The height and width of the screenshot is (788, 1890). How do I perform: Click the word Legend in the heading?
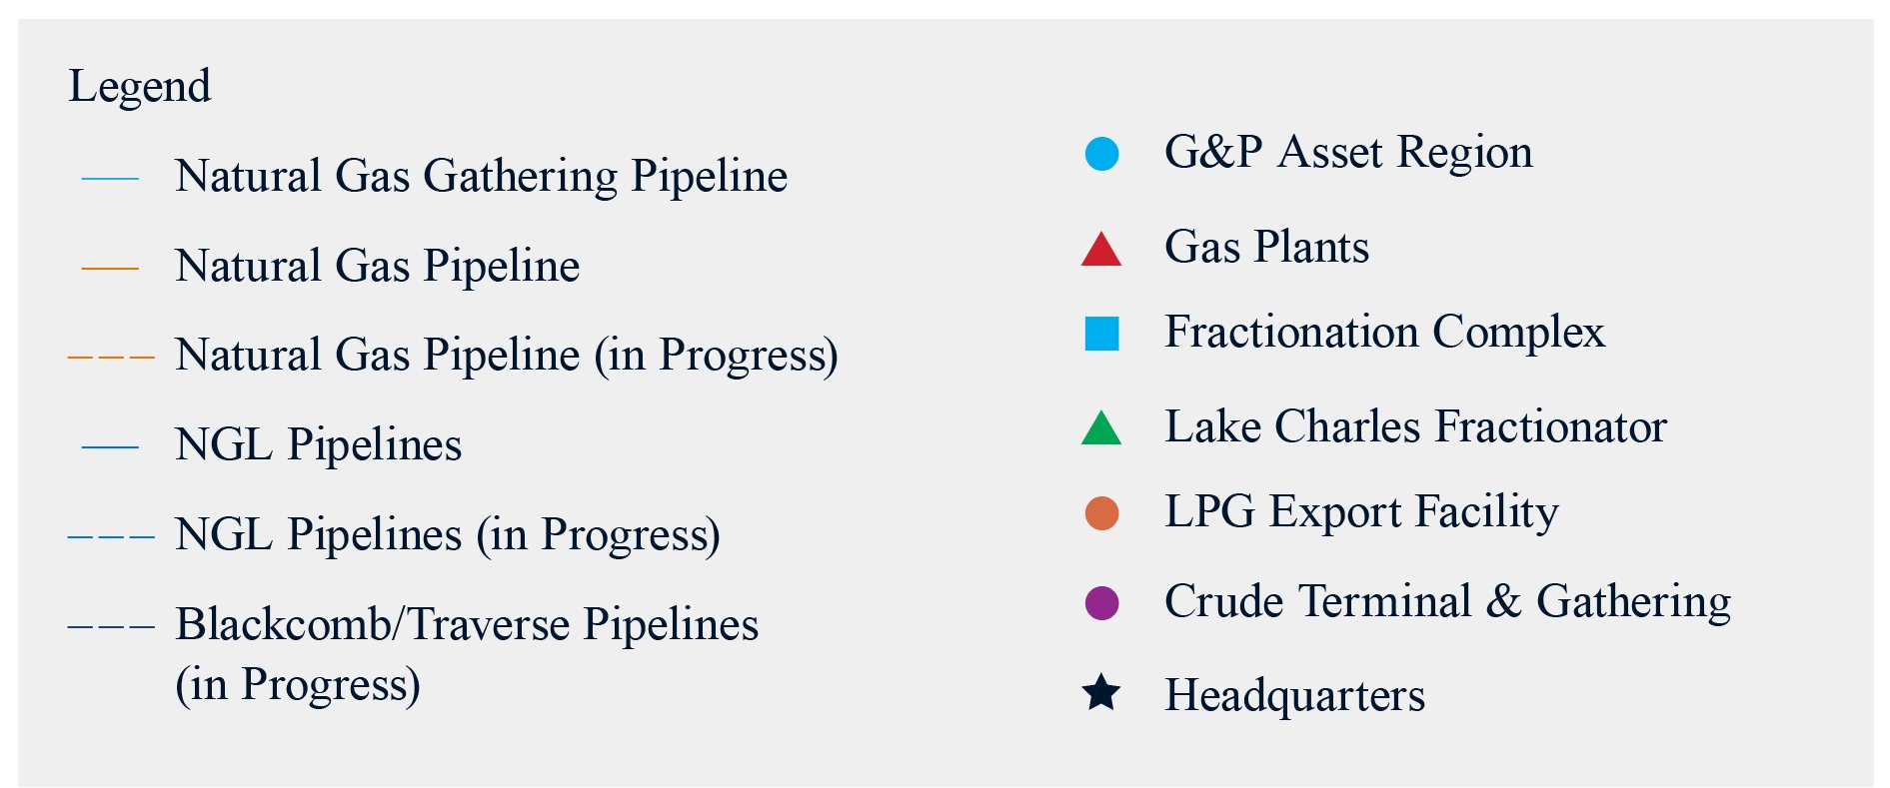[x=139, y=87]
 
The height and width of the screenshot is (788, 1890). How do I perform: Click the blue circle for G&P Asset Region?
[x=1101, y=154]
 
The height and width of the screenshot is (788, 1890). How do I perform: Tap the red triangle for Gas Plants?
[x=1101, y=249]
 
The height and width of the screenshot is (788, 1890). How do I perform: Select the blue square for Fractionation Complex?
[x=1101, y=334]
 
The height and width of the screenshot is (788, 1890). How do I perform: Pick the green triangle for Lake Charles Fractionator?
[x=1101, y=427]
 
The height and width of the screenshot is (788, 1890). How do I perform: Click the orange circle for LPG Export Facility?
[x=1101, y=513]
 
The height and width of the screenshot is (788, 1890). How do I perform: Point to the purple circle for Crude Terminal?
[x=1101, y=603]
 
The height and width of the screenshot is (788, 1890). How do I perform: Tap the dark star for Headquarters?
[x=1101, y=693]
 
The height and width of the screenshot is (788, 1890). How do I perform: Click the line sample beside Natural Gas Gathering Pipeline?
[x=110, y=179]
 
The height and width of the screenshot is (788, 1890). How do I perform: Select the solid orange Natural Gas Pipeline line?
[x=110, y=268]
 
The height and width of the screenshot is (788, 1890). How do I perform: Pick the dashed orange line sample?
[x=111, y=357]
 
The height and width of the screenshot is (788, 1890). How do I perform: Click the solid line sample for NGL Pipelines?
[x=110, y=446]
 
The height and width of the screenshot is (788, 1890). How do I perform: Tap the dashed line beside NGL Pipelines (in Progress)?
[x=111, y=536]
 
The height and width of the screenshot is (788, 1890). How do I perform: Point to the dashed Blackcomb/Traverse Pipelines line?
[x=111, y=626]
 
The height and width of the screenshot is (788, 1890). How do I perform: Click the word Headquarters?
[x=1295, y=695]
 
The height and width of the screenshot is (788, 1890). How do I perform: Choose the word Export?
[x=1335, y=512]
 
